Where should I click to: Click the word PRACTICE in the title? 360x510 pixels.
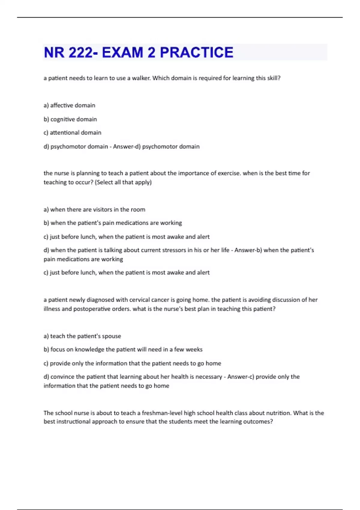pyautogui.click(x=196, y=52)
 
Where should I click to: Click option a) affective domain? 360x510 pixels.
pyautogui.click(x=69, y=105)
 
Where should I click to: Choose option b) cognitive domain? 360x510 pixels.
pyautogui.click(x=70, y=119)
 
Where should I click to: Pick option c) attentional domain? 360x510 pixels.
pyautogui.click(x=72, y=133)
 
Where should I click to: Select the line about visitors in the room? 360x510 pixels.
pyautogui.click(x=94, y=209)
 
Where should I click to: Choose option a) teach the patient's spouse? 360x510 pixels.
pyautogui.click(x=82, y=336)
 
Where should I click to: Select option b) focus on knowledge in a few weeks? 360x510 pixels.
pyautogui.click(x=123, y=349)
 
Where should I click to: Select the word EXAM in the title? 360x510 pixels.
pyautogui.click(x=122, y=52)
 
